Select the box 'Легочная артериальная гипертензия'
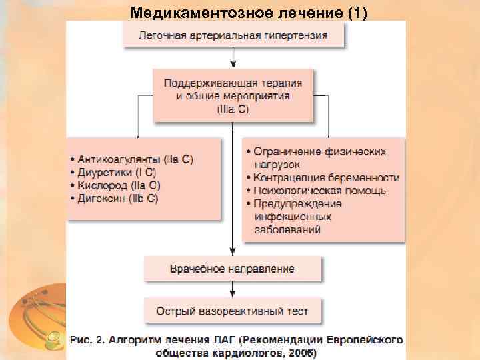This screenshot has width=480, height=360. (233, 35)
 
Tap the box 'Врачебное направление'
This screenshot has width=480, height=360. (232, 269)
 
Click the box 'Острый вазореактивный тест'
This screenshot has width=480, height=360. (232, 311)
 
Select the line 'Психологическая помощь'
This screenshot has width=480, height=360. (319, 191)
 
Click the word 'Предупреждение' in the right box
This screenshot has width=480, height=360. (298, 204)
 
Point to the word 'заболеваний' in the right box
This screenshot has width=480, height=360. (287, 230)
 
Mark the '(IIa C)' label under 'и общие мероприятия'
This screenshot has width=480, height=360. (233, 109)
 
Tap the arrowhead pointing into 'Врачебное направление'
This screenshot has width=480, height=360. (233, 254)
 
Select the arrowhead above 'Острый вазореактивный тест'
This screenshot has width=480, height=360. (233, 295)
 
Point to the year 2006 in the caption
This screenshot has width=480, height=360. (303, 353)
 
